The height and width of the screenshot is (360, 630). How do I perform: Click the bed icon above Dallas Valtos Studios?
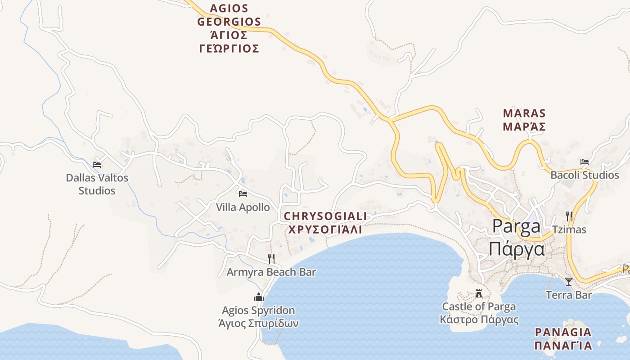(97, 165)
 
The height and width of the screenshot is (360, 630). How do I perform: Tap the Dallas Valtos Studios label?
(97, 184)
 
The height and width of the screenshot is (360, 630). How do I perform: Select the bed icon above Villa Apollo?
(243, 194)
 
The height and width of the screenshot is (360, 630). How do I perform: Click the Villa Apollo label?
(243, 207)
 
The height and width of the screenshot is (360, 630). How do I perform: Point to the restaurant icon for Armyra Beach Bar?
(271, 258)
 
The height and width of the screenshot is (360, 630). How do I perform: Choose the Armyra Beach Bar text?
(271, 272)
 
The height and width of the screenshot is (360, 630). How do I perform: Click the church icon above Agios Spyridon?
(259, 297)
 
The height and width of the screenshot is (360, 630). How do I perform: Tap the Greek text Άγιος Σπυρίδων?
(258, 324)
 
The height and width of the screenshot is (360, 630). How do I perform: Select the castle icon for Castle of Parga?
(479, 293)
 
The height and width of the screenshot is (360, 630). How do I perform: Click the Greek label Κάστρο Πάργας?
(479, 320)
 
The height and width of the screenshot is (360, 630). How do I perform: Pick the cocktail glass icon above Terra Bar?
(569, 282)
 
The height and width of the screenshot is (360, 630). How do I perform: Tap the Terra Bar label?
(569, 295)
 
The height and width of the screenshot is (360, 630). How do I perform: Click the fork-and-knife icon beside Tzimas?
(569, 216)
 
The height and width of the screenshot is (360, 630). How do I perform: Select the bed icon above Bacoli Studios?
(585, 162)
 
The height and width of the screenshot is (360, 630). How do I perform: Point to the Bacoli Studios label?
(585, 175)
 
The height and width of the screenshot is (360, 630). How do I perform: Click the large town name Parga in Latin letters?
(516, 226)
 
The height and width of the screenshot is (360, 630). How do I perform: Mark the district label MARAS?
(524, 113)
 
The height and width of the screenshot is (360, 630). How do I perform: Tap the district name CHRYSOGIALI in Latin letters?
(325, 216)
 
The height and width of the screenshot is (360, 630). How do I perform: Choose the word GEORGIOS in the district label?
(229, 22)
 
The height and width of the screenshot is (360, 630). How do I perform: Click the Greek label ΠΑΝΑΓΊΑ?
(563, 346)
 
